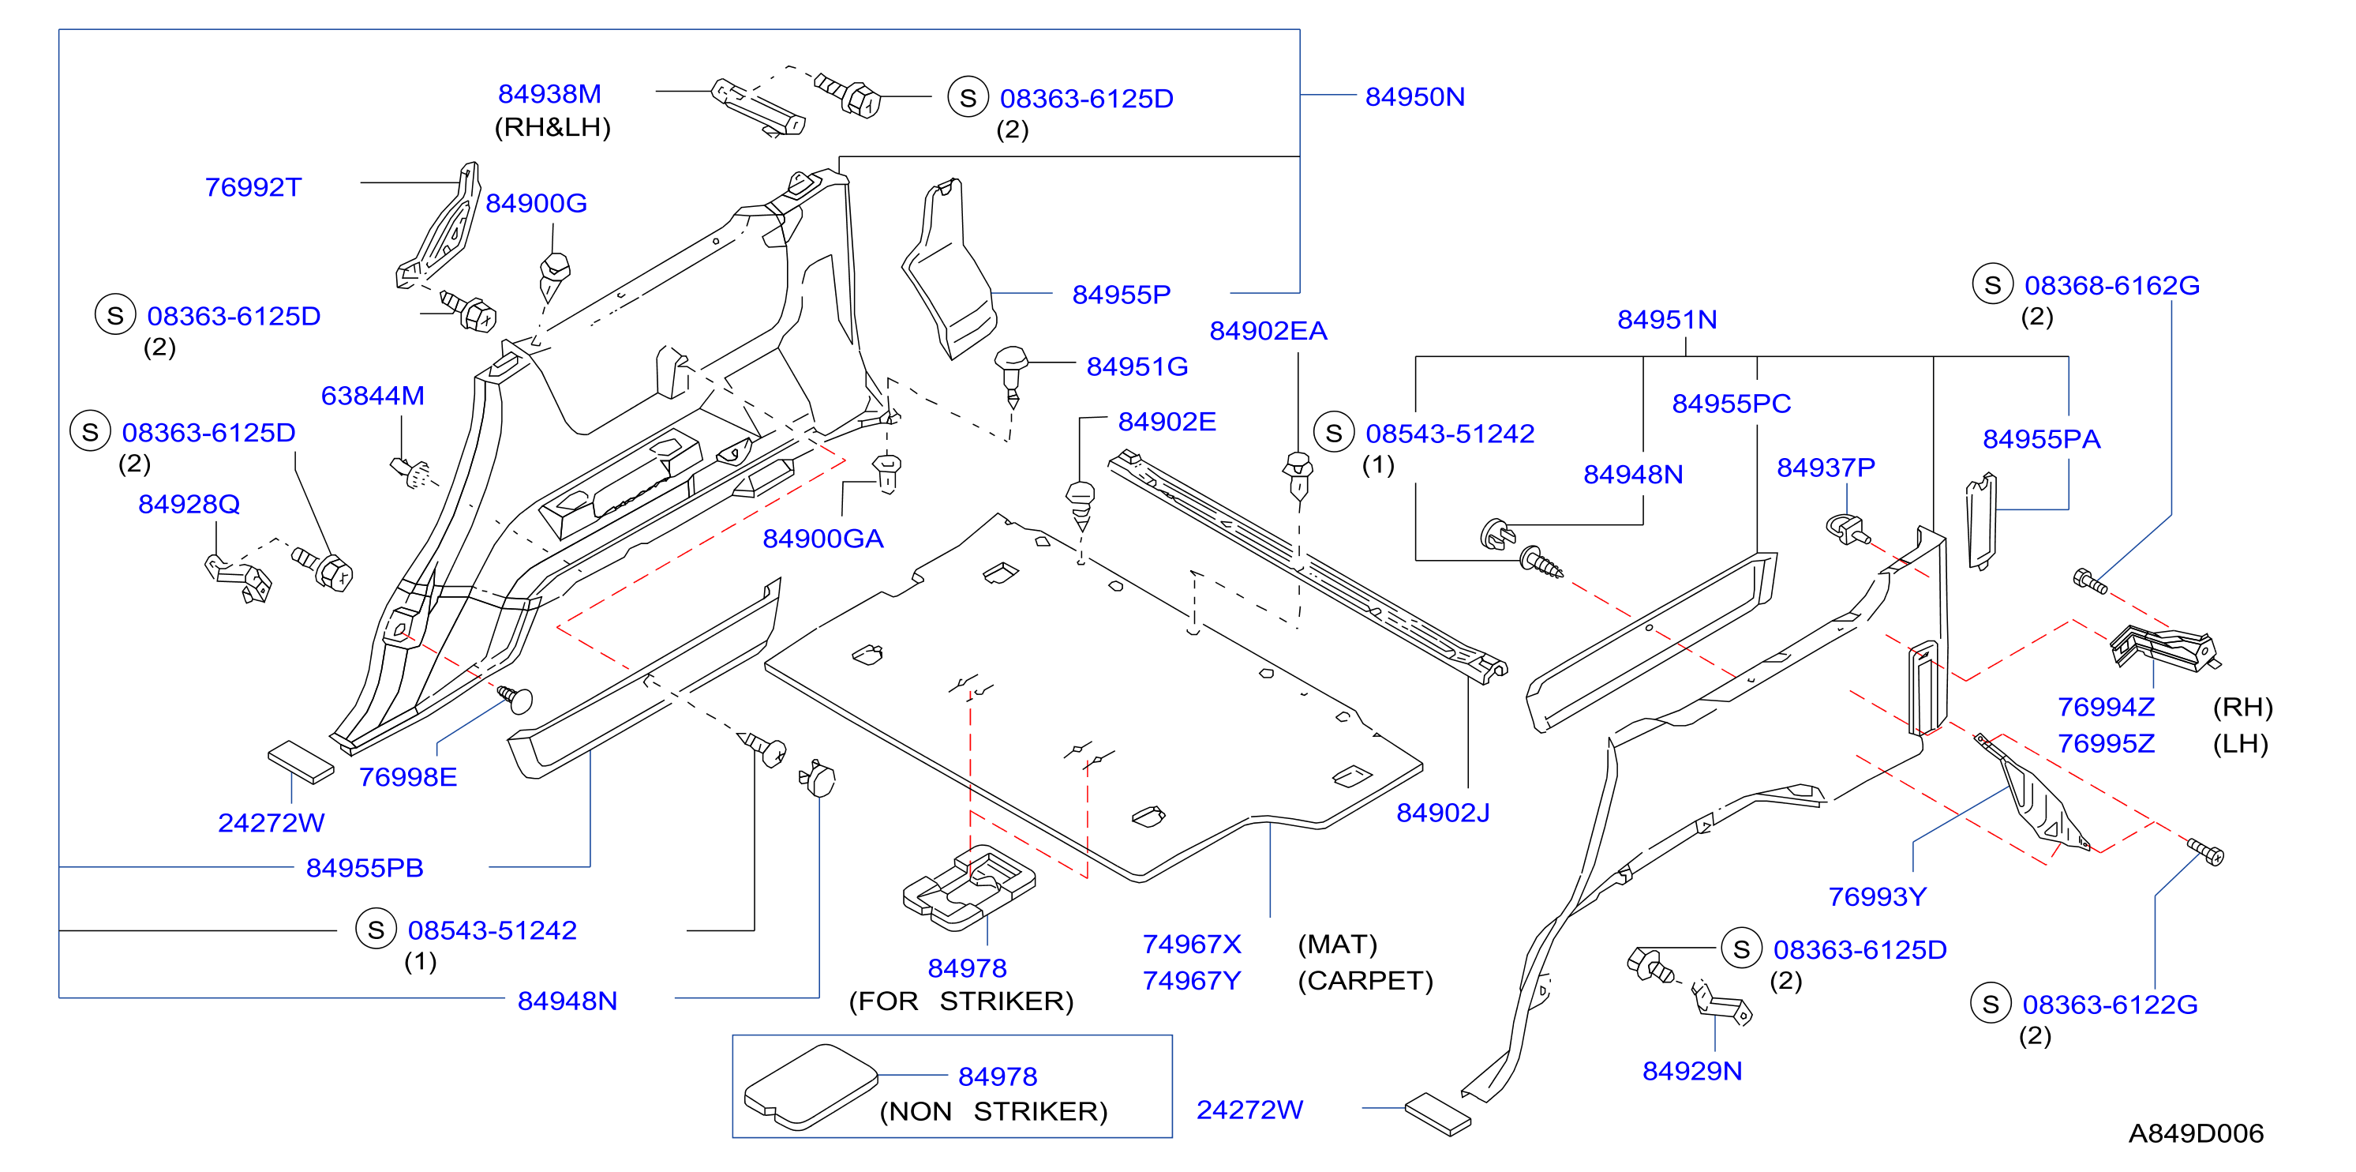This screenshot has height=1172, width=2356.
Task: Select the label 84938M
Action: (x=549, y=93)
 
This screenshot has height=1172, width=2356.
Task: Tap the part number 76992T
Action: (x=253, y=186)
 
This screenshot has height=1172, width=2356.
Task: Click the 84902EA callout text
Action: (x=1268, y=330)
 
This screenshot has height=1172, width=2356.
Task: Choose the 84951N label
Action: (x=1666, y=319)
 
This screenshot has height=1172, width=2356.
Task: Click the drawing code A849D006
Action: (x=2195, y=1133)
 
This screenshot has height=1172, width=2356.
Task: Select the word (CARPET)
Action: (x=1365, y=980)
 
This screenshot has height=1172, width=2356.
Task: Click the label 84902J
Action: (x=1442, y=813)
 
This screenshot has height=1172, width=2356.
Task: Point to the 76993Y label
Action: (x=1877, y=896)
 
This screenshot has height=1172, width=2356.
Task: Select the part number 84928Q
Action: (x=189, y=504)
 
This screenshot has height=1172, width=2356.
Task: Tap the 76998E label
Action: (x=407, y=777)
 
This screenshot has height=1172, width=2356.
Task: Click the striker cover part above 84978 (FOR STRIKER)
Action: (x=968, y=887)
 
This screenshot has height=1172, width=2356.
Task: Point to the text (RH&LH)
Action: (x=552, y=127)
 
